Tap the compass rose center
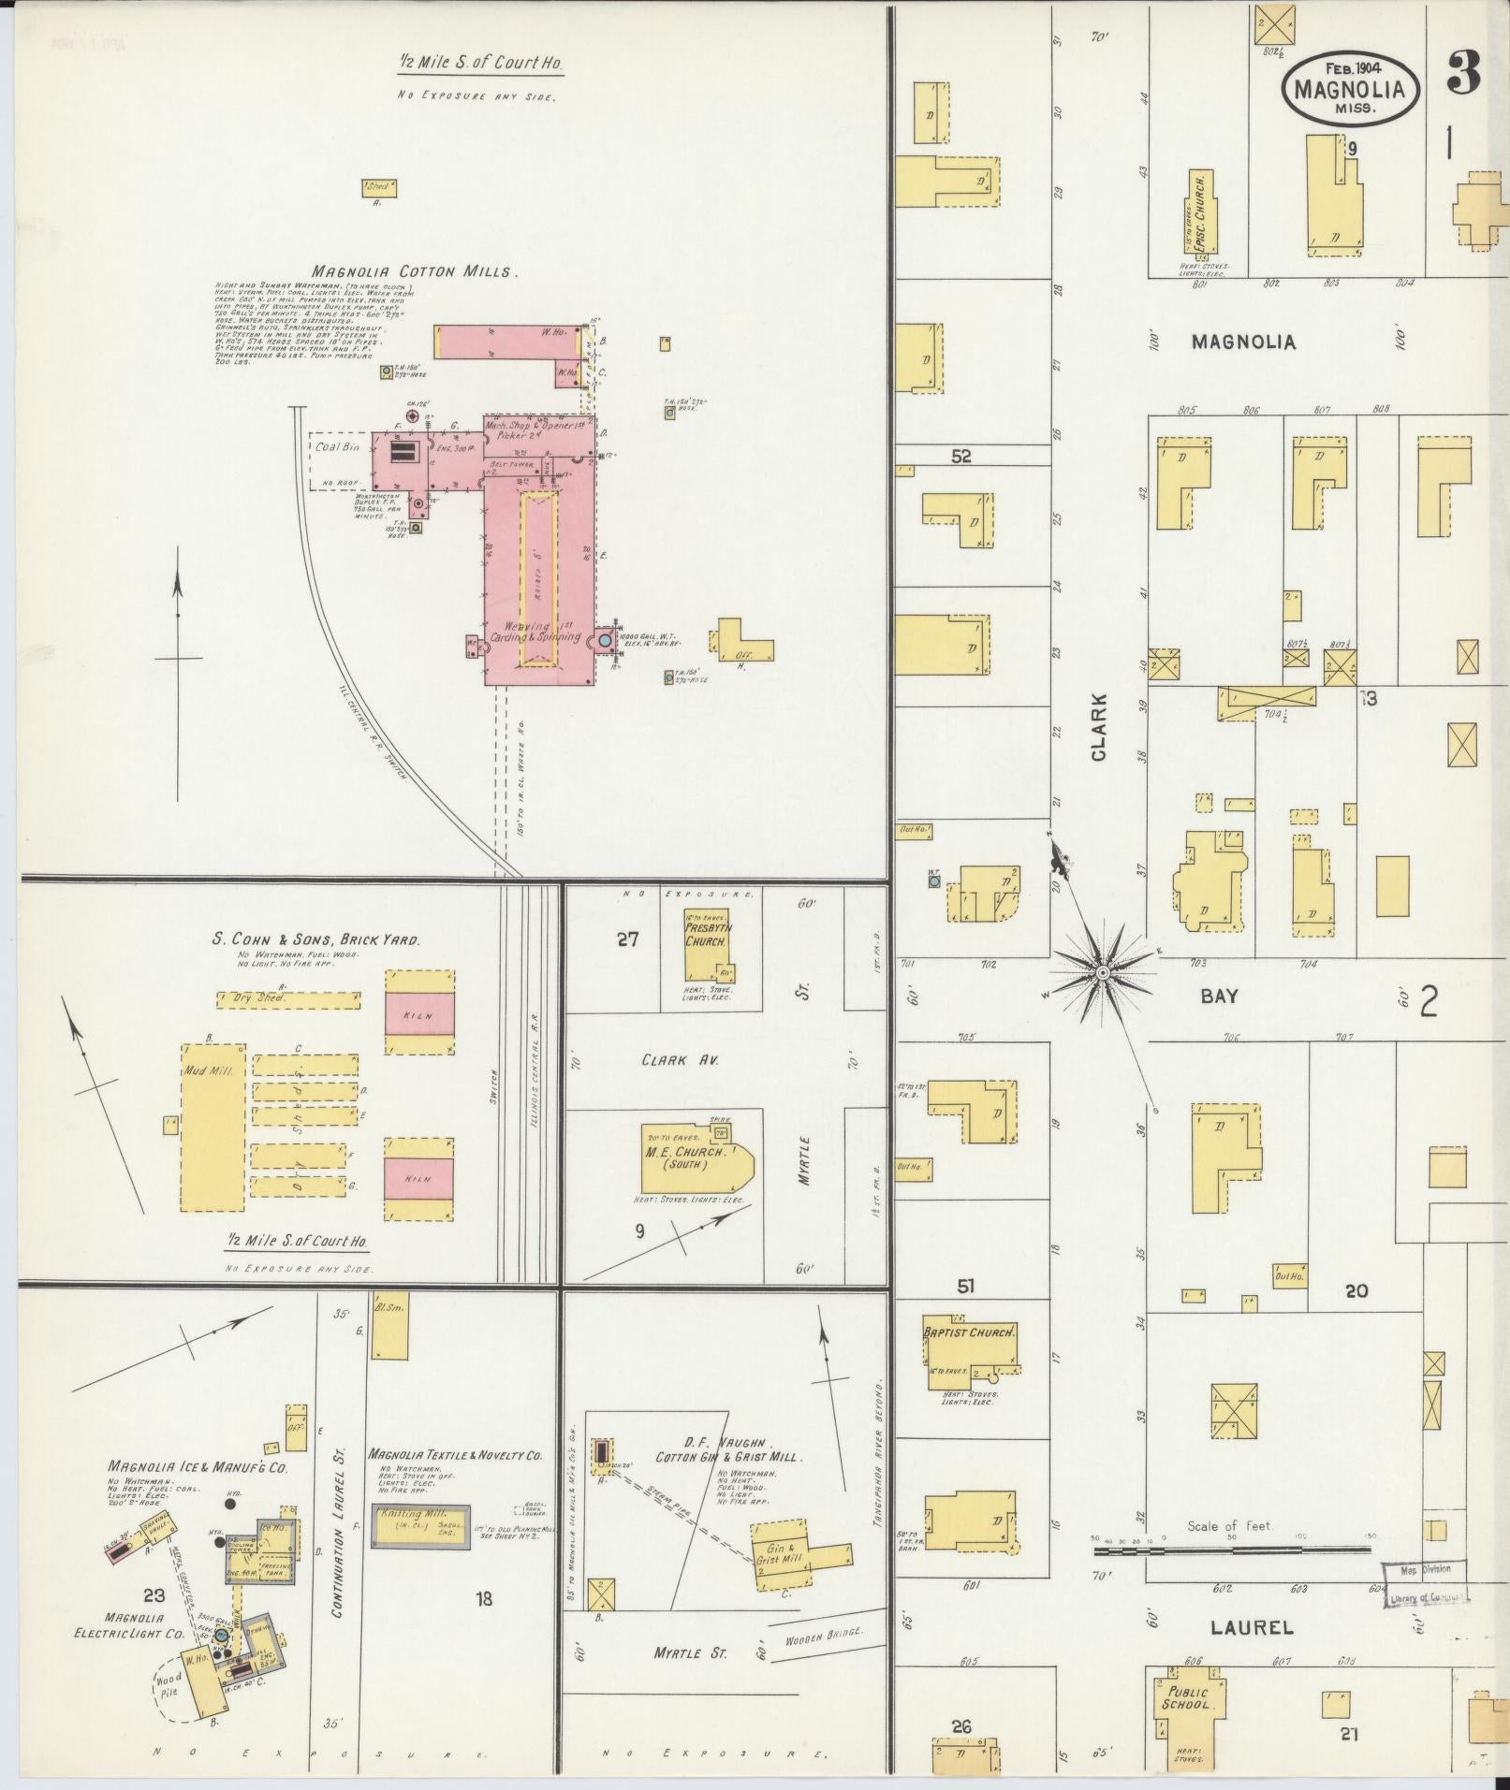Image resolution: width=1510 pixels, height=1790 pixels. (x=1103, y=974)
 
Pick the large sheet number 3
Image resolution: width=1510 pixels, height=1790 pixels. (x=1461, y=72)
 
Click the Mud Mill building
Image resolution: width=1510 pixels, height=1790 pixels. (x=213, y=1128)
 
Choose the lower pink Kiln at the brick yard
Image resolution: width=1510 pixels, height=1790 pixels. (x=418, y=1178)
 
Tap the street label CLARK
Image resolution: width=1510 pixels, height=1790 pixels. (x=1098, y=726)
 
